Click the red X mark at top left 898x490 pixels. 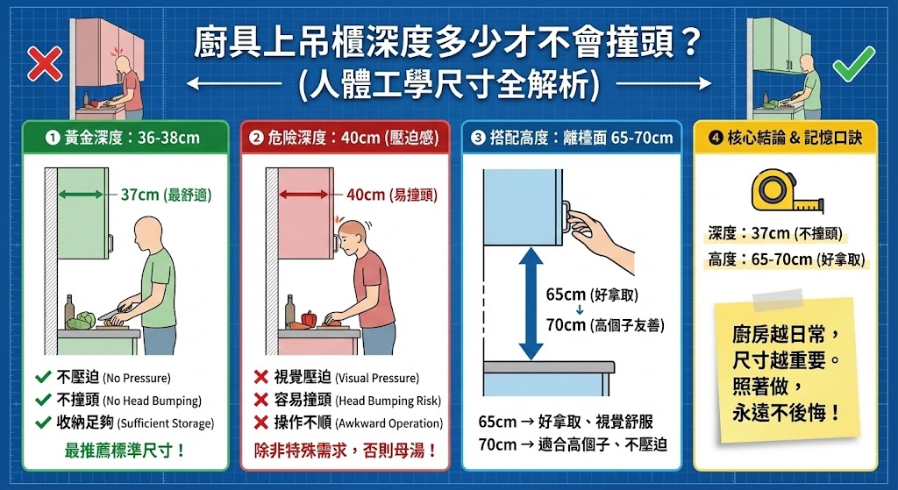click(x=42, y=62)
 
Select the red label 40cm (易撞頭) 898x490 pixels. click(x=390, y=195)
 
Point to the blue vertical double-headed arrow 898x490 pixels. click(x=527, y=303)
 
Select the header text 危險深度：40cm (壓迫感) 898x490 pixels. click(x=346, y=138)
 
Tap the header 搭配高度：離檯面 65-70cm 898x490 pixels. click(x=572, y=138)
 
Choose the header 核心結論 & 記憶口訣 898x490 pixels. click(x=785, y=138)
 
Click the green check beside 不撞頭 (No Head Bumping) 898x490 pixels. click(x=41, y=401)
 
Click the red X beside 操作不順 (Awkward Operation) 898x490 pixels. click(x=260, y=423)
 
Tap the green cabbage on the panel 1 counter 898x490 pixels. click(x=82, y=321)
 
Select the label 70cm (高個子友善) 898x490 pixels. click(x=604, y=325)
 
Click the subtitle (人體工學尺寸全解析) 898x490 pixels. click(x=449, y=85)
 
